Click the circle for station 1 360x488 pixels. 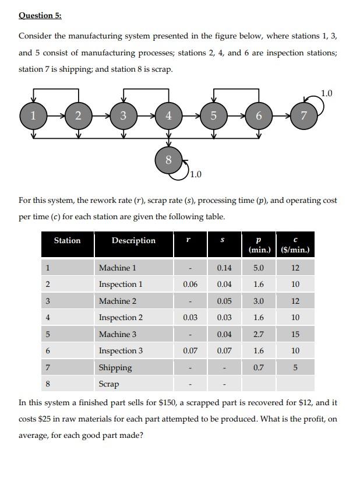pos(33,115)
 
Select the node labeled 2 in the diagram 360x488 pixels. pos(79,115)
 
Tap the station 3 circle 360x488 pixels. pos(123,115)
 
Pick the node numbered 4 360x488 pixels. pos(168,115)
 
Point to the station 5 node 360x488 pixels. pos(213,115)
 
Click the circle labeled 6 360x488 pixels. pos(259,115)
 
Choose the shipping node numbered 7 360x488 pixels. pos(303,115)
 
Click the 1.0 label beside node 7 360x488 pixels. pos(327,93)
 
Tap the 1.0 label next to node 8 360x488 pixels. pos(196,174)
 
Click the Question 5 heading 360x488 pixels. pos(40,16)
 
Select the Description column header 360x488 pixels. pos(133,241)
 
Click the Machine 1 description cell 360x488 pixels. pos(118,268)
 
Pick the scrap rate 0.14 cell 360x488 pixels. pos(224,268)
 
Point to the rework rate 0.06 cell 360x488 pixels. pos(190,285)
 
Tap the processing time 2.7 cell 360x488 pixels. pos(259,334)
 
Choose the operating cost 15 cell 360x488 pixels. pos(295,334)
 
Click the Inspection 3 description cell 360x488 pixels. pos(121,350)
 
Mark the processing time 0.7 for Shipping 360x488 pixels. pos(259,367)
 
